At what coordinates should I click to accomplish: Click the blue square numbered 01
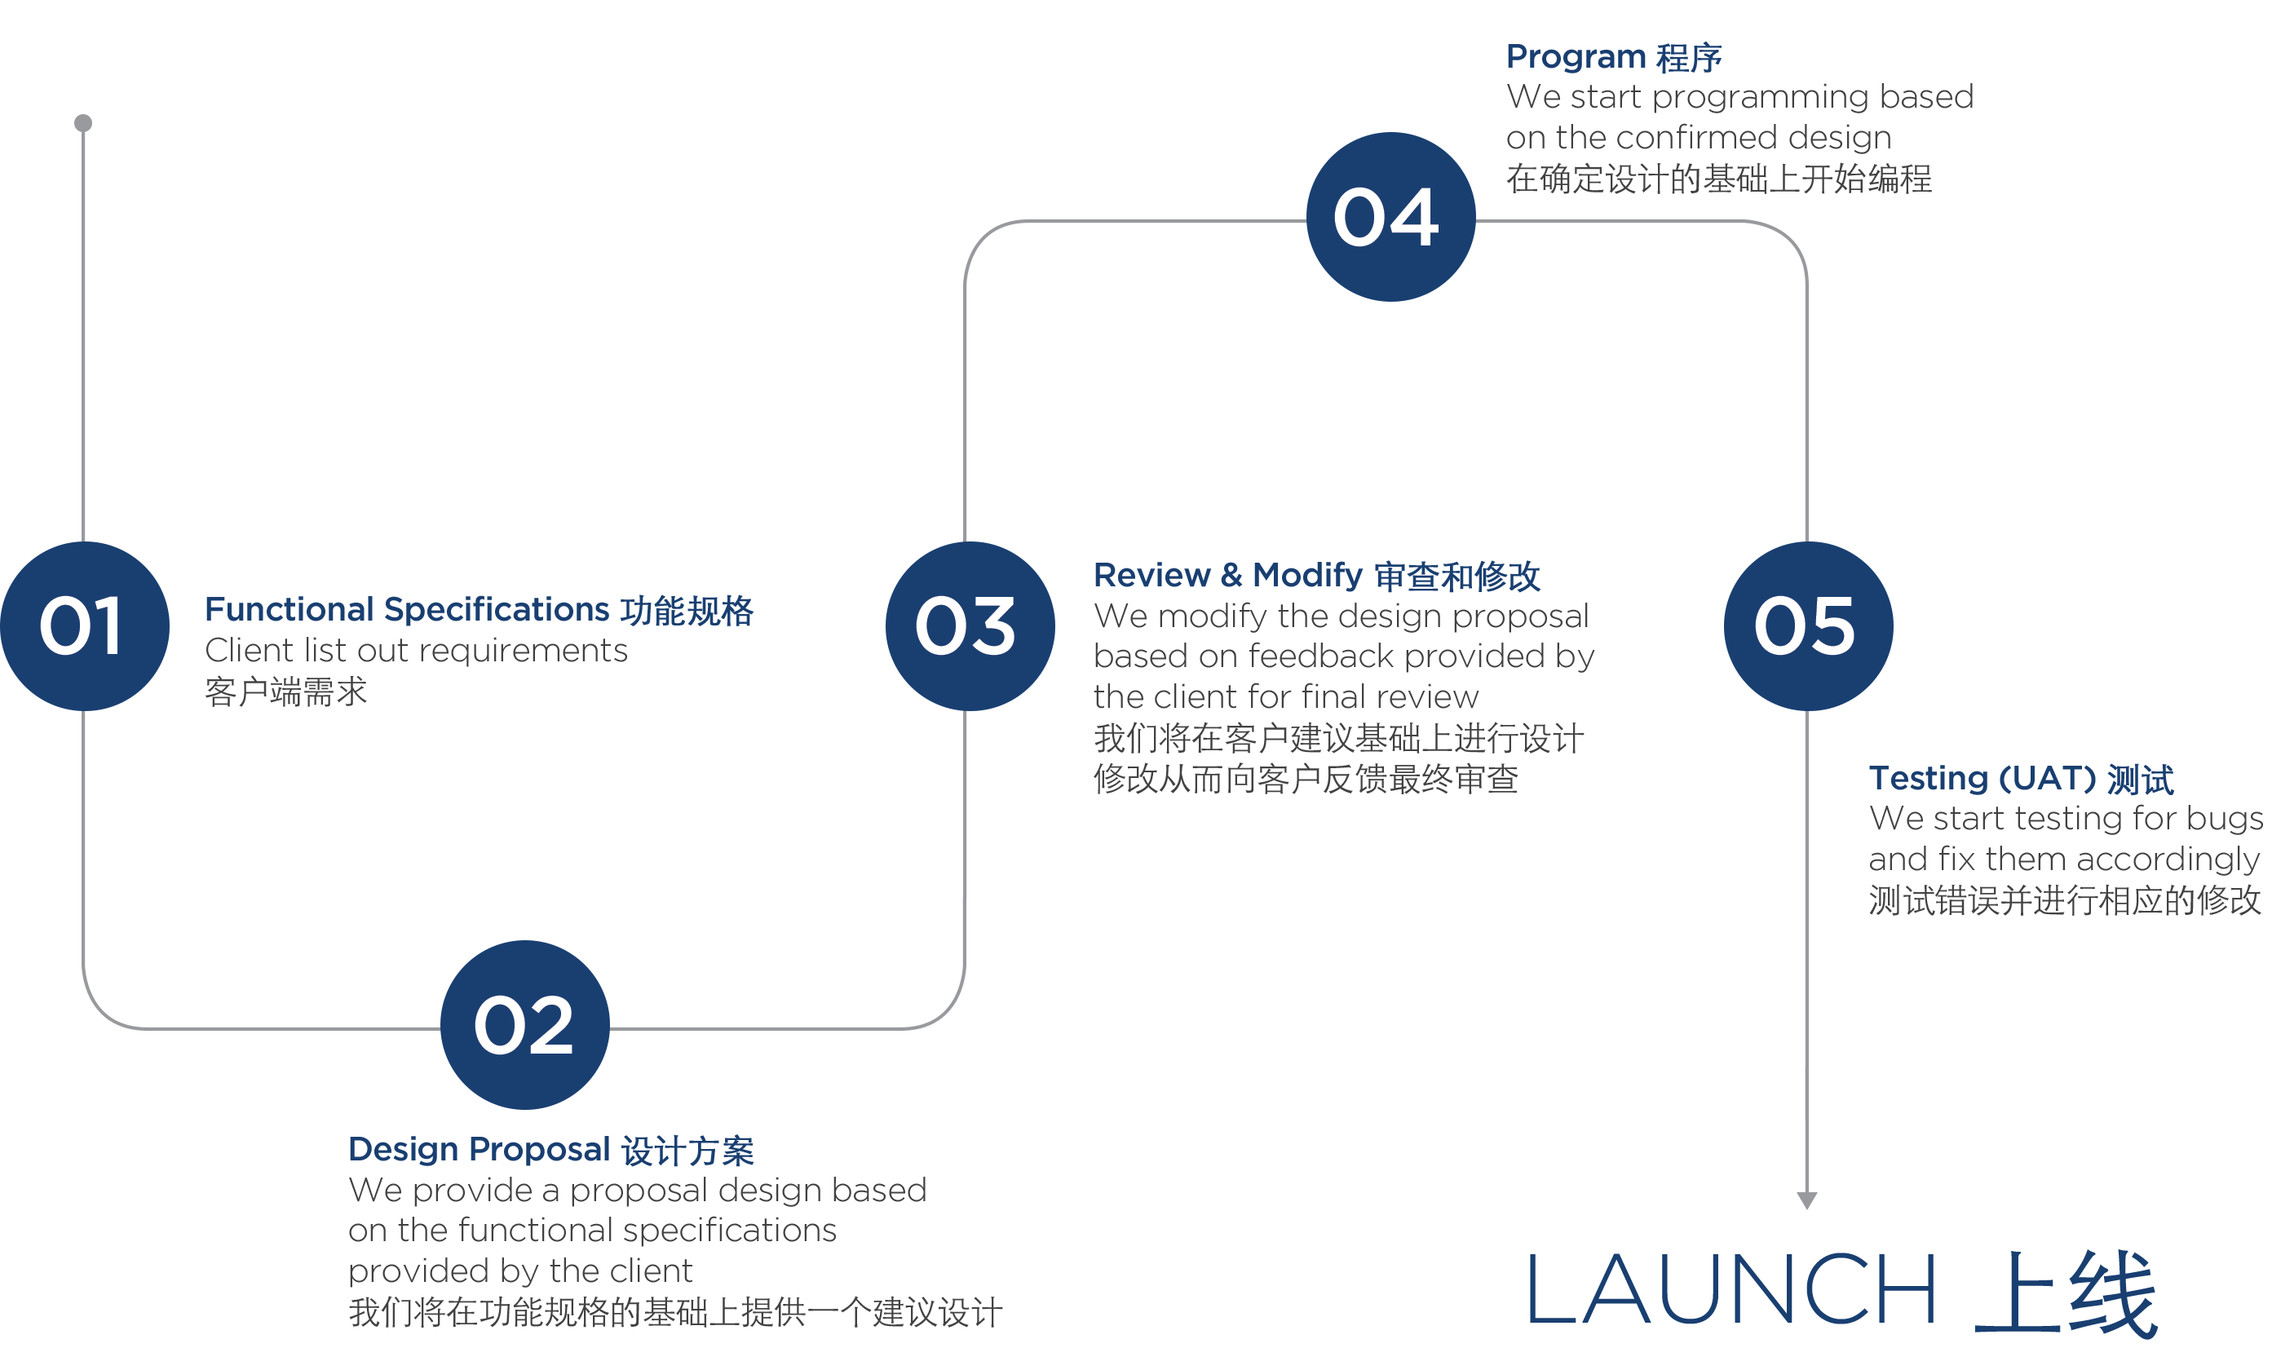point(85,625)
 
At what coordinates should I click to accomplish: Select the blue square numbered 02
point(524,1023)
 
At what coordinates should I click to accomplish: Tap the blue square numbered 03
point(969,625)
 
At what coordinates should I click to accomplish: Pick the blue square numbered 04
point(1390,216)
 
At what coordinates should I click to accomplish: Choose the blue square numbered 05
point(1807,625)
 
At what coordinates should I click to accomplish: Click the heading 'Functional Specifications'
point(407,609)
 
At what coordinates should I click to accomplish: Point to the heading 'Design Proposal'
point(480,1149)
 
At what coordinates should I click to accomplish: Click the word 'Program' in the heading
point(1575,57)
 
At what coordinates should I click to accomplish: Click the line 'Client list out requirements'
point(416,651)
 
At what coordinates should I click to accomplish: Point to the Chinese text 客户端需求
point(286,692)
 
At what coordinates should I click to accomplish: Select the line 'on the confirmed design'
point(1699,137)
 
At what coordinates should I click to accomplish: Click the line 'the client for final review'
point(1285,696)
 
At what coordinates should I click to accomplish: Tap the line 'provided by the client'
point(519,1271)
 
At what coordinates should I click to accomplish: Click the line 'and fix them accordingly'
point(2063,860)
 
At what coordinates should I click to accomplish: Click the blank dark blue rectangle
point(1843,1293)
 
